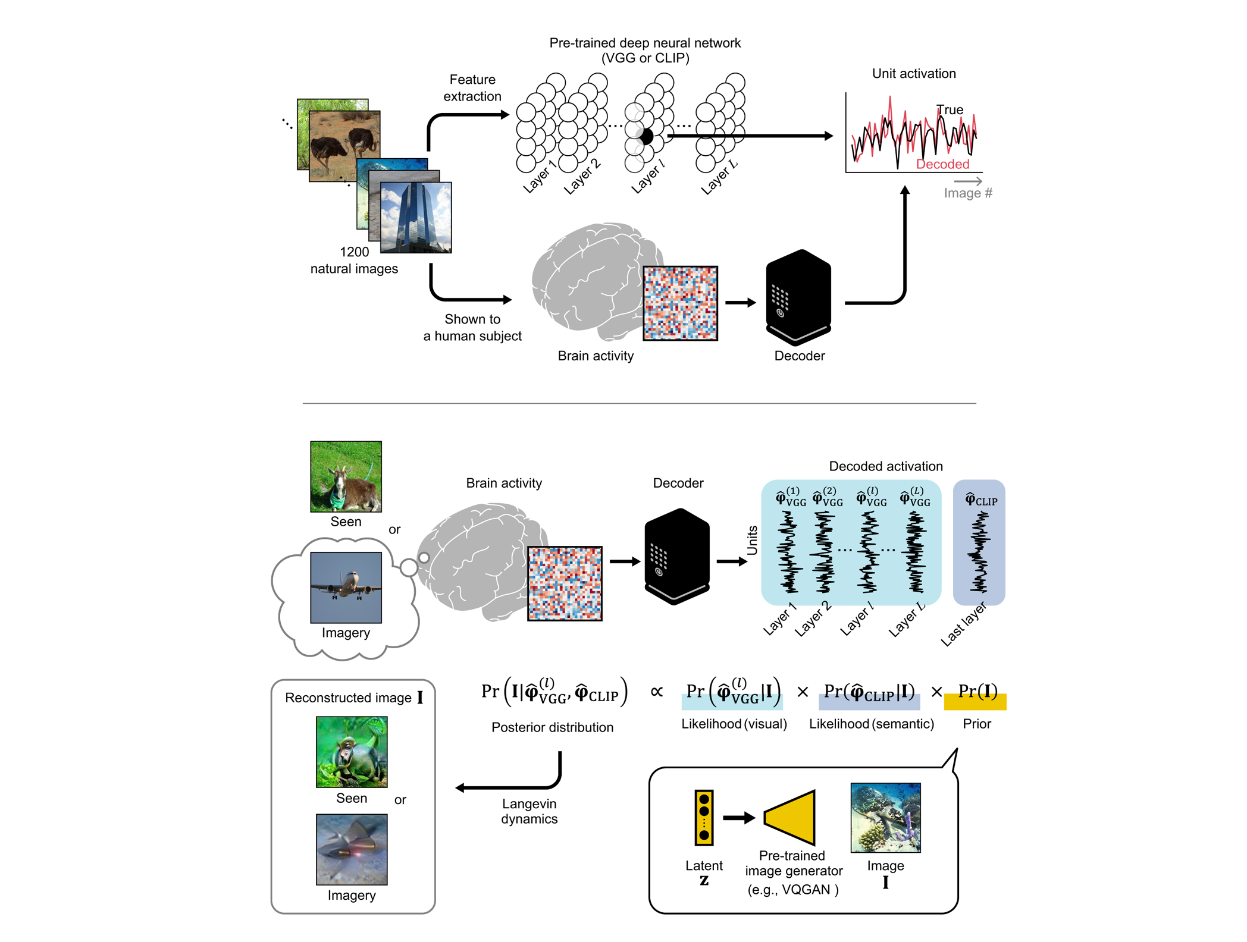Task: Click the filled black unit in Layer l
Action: (x=646, y=136)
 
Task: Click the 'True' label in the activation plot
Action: (x=950, y=109)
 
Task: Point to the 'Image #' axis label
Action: (x=967, y=193)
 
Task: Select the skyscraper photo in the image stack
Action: (x=416, y=217)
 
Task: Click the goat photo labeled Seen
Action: (x=346, y=476)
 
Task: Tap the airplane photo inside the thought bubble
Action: (x=346, y=587)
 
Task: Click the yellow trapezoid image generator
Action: (x=791, y=817)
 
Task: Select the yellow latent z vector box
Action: (x=704, y=817)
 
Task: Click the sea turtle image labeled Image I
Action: (x=885, y=817)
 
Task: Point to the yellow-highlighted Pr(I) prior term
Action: (x=976, y=693)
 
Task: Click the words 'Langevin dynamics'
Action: (x=529, y=811)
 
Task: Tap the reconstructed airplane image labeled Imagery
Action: (x=352, y=849)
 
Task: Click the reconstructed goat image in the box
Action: (x=352, y=752)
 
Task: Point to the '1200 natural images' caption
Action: (x=354, y=260)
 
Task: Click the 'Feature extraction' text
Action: (x=472, y=87)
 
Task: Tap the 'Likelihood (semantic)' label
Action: (x=871, y=724)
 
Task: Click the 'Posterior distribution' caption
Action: (x=552, y=727)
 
